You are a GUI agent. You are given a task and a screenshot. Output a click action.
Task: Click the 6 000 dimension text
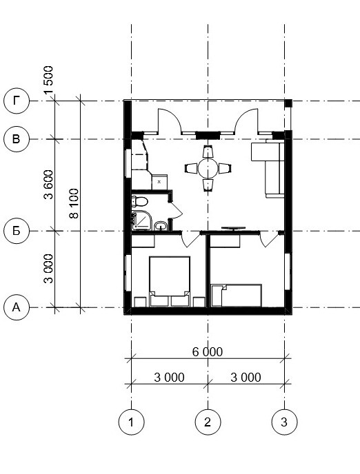208,352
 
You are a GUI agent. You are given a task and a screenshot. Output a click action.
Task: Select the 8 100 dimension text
74,203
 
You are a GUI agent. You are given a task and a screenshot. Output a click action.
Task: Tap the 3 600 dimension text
48,185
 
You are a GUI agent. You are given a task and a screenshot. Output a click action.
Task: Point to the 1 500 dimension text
48,80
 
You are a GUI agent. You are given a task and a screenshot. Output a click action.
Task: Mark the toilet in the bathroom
139,201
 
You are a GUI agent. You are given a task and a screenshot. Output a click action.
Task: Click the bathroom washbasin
160,226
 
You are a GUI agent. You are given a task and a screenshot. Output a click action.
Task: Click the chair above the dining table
208,151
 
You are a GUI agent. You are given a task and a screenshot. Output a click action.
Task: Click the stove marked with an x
159,182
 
